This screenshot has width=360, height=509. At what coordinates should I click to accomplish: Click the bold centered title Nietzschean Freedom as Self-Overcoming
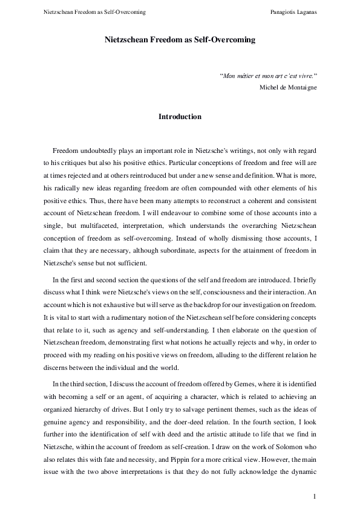[x=180, y=40]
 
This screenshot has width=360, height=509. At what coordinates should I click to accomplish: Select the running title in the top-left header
[x=94, y=12]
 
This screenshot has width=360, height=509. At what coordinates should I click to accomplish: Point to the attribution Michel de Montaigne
[x=288, y=87]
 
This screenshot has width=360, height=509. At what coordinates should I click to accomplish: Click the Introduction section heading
[x=180, y=116]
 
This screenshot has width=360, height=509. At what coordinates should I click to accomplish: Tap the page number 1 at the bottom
[x=315, y=496]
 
